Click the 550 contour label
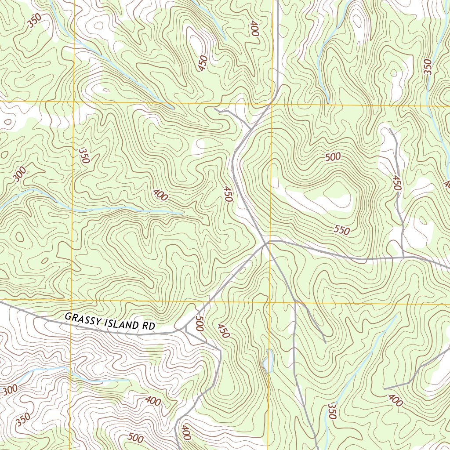pos(341,230)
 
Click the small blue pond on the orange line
pos(268,361)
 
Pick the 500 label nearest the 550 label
pos(333,157)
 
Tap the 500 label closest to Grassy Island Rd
pos(200,323)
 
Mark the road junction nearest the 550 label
pos(268,242)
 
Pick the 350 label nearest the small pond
pos(332,410)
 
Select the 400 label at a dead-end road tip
pos(396,400)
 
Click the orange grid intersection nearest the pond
pos(269,302)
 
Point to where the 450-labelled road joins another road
pos(403,257)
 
